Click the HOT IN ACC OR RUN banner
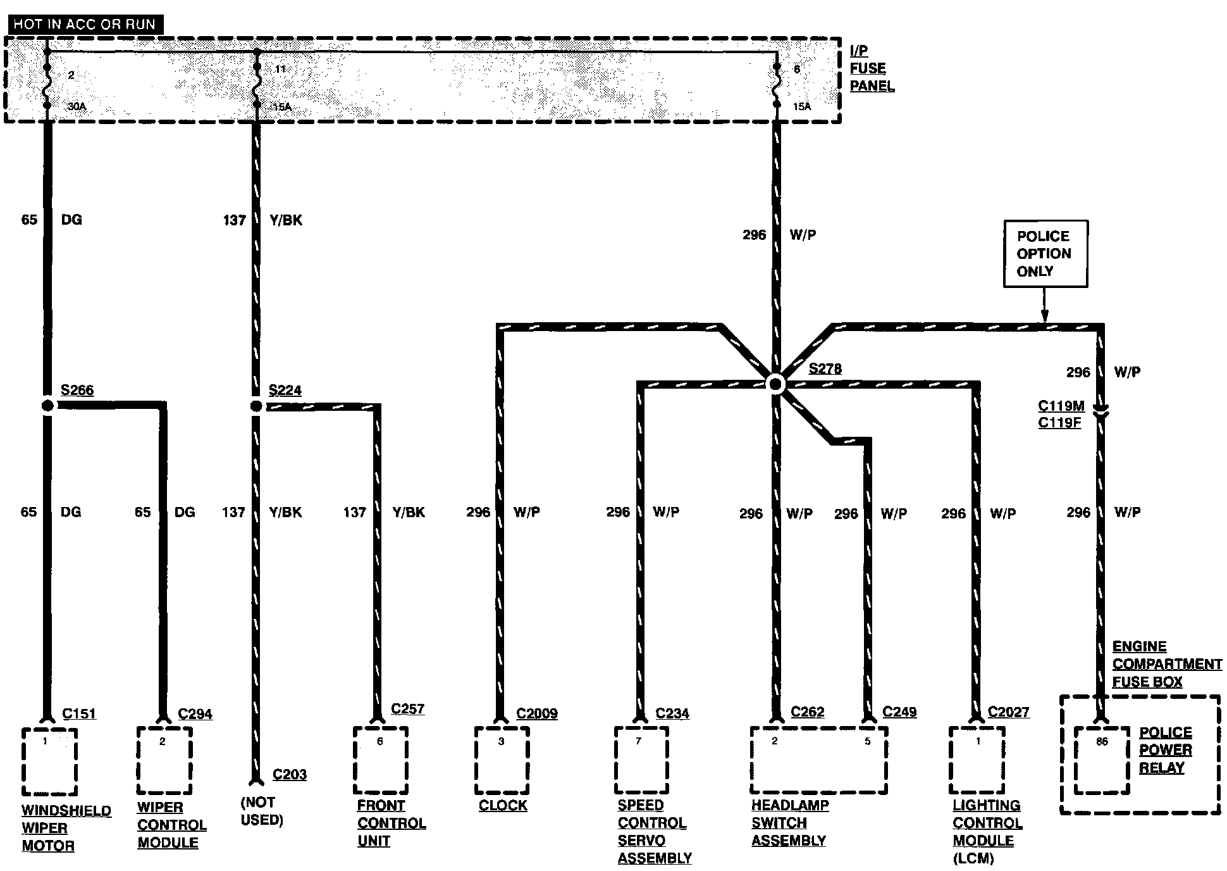pos(85,25)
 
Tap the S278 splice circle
pos(775,384)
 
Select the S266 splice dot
pos(47,406)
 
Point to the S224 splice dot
pos(256,406)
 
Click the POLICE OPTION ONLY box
pos(1045,254)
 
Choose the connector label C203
pos(289,775)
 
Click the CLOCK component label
pos(503,806)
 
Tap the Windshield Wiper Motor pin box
pos(49,761)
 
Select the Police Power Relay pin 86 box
pos(1102,760)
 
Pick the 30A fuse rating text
pos(77,106)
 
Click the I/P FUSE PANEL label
pos(871,68)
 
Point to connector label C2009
pos(537,714)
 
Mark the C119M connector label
pos(1061,406)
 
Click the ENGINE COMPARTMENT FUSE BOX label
pos(1166,664)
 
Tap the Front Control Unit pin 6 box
pos(380,760)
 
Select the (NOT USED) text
pos(262,811)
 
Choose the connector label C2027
pos(1008,713)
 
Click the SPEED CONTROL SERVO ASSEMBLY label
pos(654,832)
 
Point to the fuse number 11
pos(280,69)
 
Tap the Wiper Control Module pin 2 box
pos(164,760)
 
